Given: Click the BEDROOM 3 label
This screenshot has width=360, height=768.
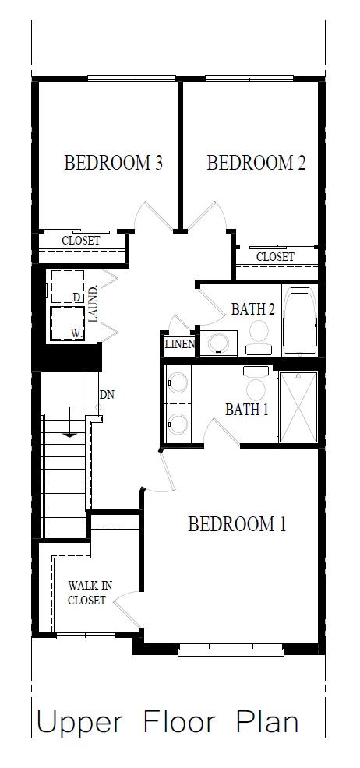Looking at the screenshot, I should click(x=113, y=163).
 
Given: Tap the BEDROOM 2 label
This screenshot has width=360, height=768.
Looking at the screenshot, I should click(x=256, y=163).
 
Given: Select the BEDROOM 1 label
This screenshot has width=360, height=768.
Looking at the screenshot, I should click(x=237, y=524).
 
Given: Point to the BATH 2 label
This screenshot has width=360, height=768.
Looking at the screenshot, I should click(x=252, y=309).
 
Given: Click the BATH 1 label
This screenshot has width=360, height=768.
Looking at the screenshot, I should click(x=246, y=409).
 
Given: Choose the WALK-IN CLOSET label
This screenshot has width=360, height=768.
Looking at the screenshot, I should click(x=86, y=593).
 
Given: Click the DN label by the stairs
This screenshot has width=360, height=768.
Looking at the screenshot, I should click(x=107, y=394).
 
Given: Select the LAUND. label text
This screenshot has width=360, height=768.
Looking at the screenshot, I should click(x=94, y=305).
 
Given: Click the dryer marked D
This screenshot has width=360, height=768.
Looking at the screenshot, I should click(x=67, y=287).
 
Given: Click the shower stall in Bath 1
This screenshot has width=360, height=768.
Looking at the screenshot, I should click(x=298, y=407).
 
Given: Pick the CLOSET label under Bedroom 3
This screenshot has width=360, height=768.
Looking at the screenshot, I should click(x=81, y=241).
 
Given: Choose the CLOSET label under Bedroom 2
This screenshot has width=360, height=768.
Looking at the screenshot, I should click(x=275, y=256).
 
